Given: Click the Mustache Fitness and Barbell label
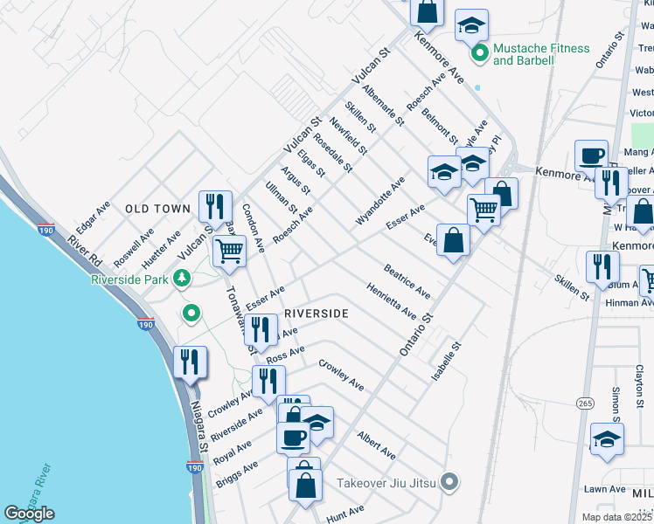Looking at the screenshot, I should [x=541, y=54].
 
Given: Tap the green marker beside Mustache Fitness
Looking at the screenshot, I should [x=479, y=55].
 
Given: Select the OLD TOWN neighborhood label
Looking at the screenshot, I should [x=157, y=209].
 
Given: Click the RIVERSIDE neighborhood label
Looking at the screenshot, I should [x=316, y=313].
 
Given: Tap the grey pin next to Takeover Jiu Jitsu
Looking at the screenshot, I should [x=450, y=481].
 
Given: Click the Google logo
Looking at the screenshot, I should [x=30, y=514].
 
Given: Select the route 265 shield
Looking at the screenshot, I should [x=585, y=402].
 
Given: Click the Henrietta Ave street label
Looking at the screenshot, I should [x=391, y=301].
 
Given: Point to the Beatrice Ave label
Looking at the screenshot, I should [x=407, y=279].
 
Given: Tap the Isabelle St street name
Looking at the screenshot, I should [x=445, y=361].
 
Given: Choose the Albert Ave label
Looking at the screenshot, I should [x=376, y=445].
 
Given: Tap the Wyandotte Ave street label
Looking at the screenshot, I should [x=380, y=201].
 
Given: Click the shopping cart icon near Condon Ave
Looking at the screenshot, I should [x=229, y=251].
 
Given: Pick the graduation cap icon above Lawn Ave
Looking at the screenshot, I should [x=607, y=439].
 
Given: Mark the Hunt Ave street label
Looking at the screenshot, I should [x=344, y=514].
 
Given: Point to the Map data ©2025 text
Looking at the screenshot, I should [x=612, y=517].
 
